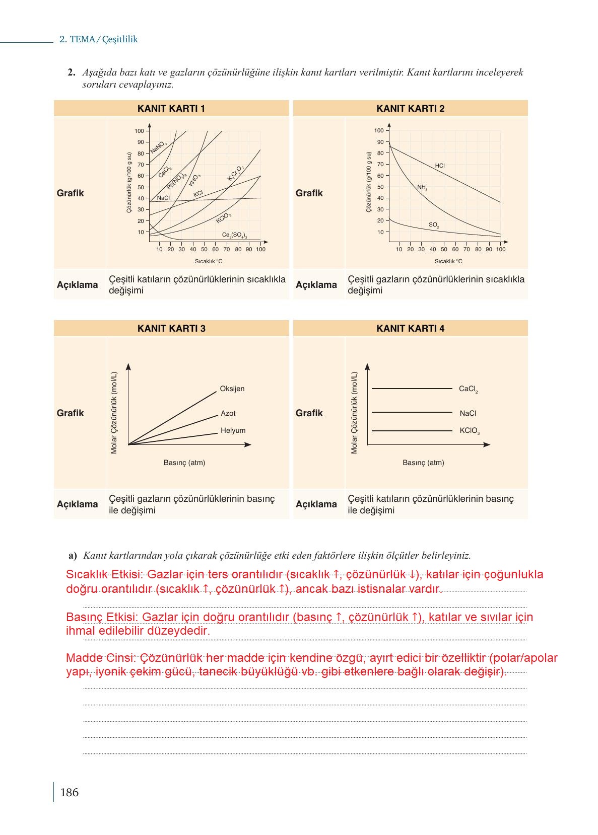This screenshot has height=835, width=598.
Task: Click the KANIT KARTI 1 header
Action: [x=171, y=109]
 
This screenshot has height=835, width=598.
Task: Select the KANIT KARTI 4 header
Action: [x=410, y=329]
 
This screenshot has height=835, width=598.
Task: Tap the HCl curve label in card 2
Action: [x=440, y=166]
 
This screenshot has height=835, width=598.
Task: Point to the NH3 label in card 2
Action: [x=422, y=187]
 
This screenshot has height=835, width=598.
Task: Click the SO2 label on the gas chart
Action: [x=434, y=225]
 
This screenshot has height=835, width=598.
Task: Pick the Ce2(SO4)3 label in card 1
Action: [x=234, y=236]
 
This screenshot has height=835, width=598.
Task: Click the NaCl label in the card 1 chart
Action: [x=163, y=198]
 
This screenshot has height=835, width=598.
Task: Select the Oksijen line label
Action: [x=232, y=389]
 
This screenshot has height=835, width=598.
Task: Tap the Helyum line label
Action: [x=233, y=431]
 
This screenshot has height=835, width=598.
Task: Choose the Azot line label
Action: [x=228, y=414]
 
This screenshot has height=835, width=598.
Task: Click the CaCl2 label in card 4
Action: [x=468, y=389]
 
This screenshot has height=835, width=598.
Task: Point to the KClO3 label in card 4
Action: [x=470, y=431]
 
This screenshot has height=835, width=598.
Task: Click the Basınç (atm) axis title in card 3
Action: [x=184, y=463]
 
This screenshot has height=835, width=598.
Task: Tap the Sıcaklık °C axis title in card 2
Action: [x=448, y=261]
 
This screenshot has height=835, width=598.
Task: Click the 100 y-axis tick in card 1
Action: [x=139, y=131]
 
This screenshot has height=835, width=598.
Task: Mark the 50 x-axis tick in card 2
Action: [x=444, y=249]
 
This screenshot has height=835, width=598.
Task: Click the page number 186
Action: [x=69, y=793]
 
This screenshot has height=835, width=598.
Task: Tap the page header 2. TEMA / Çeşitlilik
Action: [x=99, y=39]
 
